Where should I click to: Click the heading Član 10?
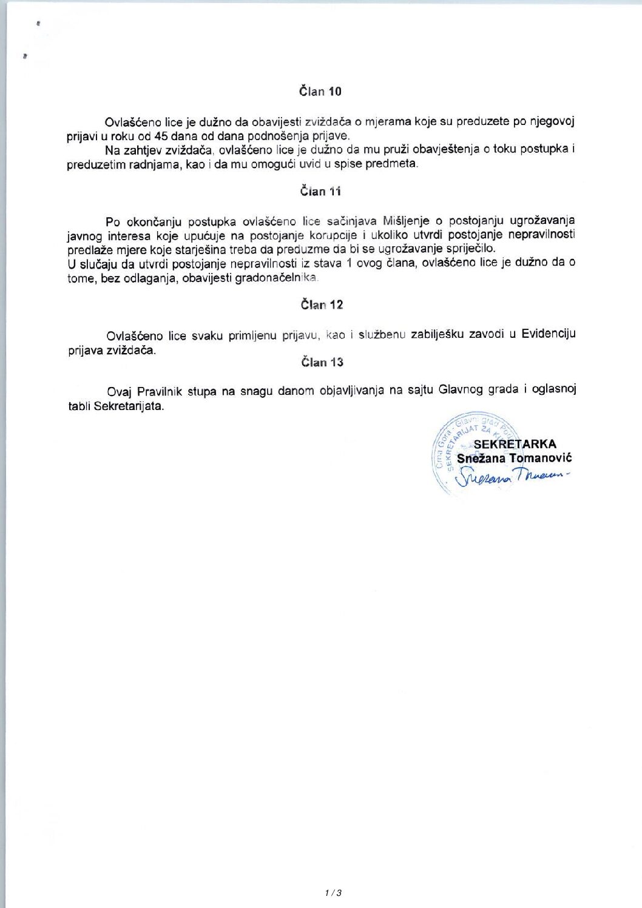click(320, 92)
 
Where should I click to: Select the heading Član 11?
click(320, 192)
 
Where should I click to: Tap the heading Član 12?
click(322, 304)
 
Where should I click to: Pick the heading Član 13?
click(322, 362)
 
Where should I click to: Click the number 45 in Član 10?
click(161, 136)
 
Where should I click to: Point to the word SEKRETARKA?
click(515, 444)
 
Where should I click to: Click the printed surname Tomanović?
click(540, 458)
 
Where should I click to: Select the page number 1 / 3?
click(333, 892)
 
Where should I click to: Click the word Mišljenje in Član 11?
click(406, 221)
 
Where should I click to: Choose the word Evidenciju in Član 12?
click(549, 334)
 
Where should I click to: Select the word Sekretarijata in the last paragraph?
click(129, 406)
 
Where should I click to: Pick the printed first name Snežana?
click(481, 458)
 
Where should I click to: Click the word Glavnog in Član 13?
click(461, 389)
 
